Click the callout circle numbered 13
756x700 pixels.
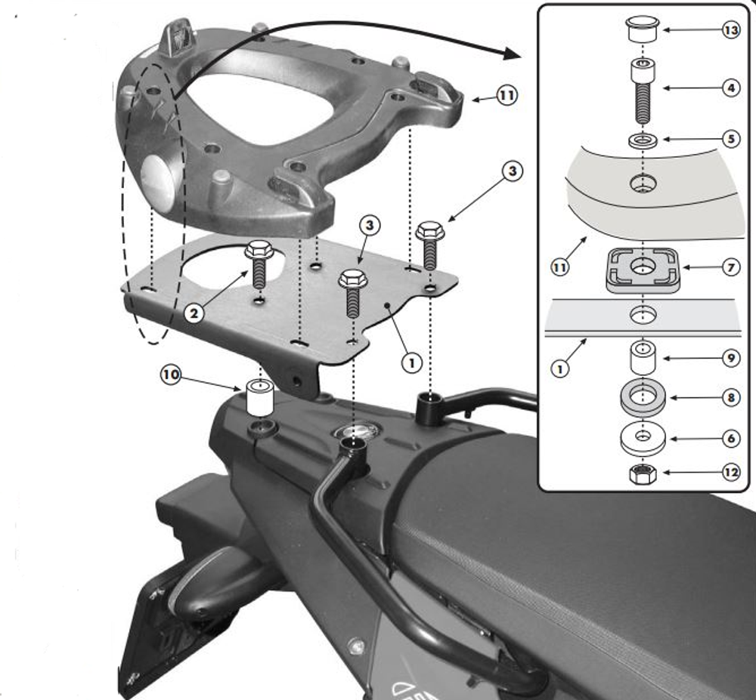click(730, 31)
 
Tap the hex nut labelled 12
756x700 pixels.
click(642, 473)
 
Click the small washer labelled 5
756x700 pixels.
click(642, 140)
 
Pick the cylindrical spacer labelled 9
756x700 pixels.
click(642, 357)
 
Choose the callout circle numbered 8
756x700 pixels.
click(730, 397)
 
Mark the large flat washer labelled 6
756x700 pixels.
click(642, 438)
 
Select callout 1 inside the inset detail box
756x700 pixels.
click(560, 369)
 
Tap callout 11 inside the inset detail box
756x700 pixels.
click(560, 267)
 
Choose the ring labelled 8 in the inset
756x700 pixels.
click(642, 398)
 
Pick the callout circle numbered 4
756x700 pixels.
click(730, 88)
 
